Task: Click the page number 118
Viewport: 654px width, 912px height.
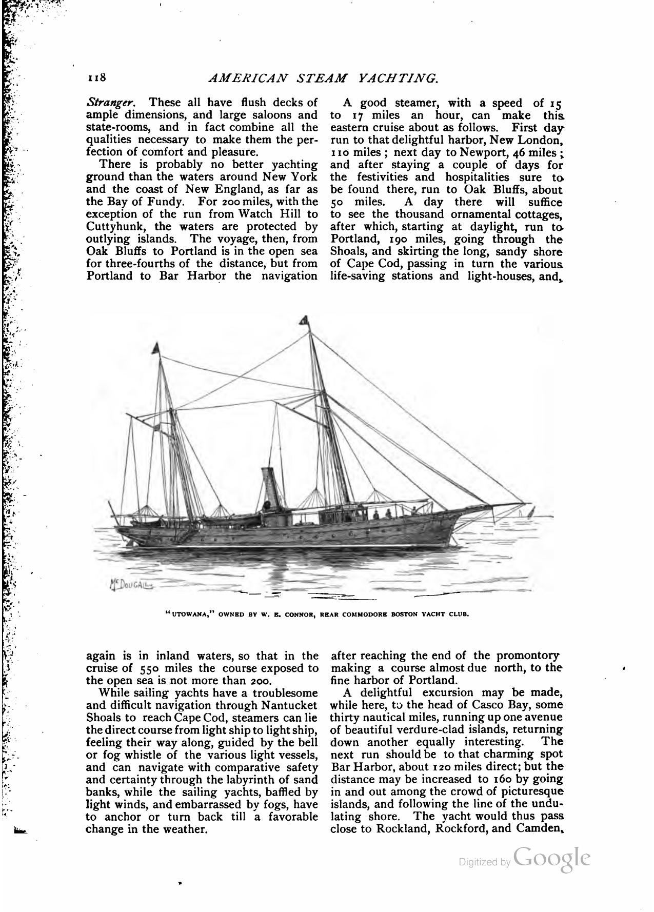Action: (96, 78)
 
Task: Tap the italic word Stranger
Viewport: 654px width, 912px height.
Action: (102, 103)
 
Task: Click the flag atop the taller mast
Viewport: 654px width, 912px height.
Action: (304, 321)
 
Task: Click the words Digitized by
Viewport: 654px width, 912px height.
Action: (484, 863)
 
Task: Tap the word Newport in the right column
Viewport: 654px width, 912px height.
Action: (482, 152)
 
